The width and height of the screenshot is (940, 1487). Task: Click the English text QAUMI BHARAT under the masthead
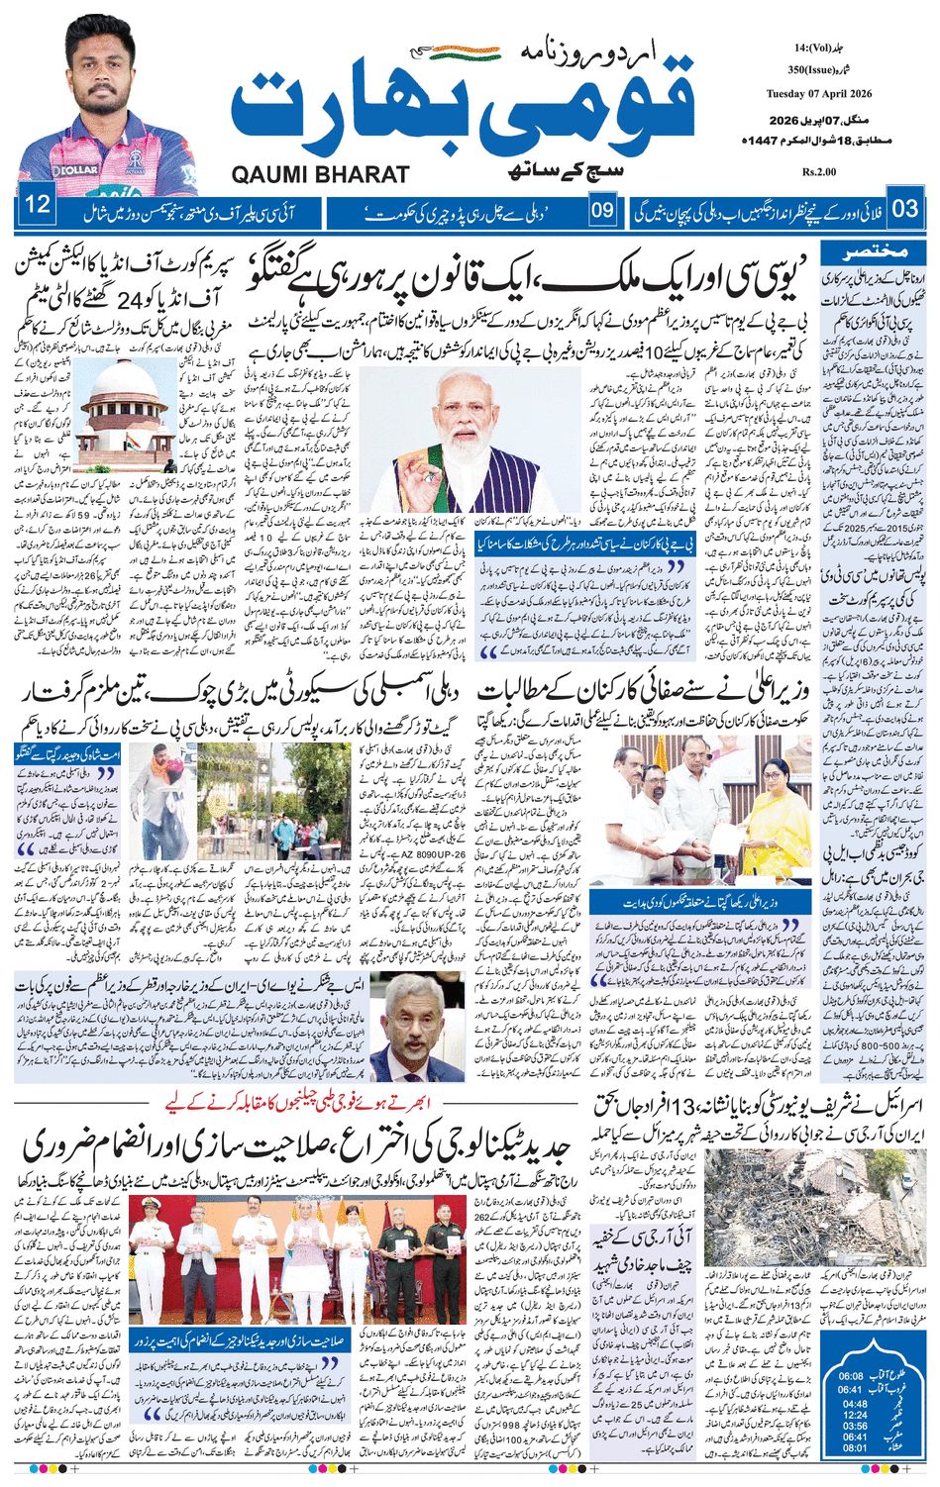click(320, 175)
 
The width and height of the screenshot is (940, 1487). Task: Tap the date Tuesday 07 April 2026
click(818, 94)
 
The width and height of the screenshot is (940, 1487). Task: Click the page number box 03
click(905, 209)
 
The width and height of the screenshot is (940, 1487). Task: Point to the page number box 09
click(603, 210)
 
